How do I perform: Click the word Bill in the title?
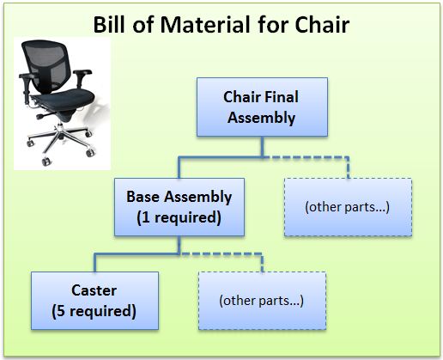tap(110, 24)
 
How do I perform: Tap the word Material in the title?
tap(206, 24)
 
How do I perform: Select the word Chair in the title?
tap(322, 24)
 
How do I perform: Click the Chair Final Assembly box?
tap(262, 107)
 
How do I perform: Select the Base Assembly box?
tap(179, 207)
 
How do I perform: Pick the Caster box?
tap(94, 301)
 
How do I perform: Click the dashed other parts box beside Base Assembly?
tap(348, 207)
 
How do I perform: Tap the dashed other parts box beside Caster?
tap(262, 301)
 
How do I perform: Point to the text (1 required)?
tap(179, 217)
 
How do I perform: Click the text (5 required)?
tap(94, 311)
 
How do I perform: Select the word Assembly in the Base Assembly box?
tap(197, 197)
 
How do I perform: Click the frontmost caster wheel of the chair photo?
tap(46, 162)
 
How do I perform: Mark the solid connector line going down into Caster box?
tap(95, 263)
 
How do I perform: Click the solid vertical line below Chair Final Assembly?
tap(262, 147)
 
